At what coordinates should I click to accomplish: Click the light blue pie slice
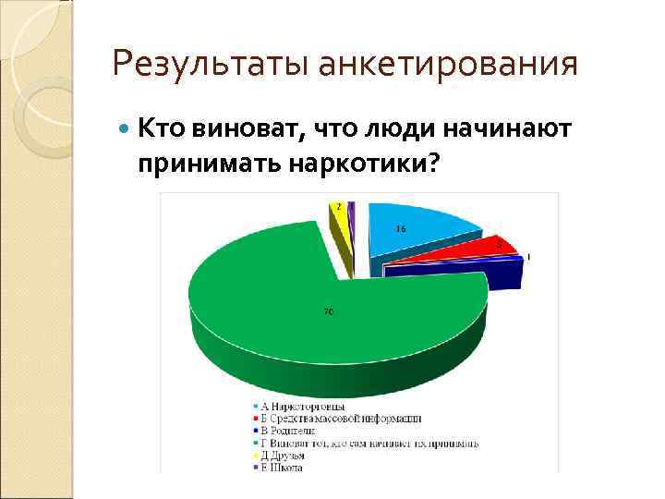(416, 231)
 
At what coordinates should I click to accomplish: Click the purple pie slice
(352, 217)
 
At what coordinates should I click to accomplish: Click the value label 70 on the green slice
(328, 311)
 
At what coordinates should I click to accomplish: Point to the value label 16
(401, 228)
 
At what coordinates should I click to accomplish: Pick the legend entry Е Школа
(282, 467)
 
